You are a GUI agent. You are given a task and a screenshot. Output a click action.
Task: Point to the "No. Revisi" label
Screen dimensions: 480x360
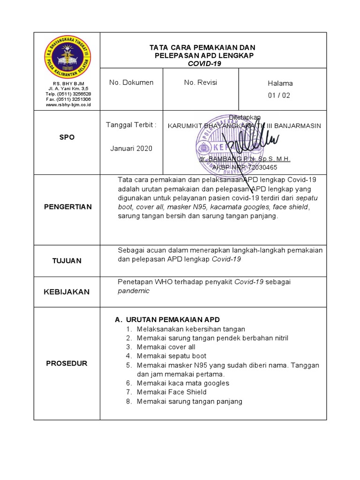pos(201,82)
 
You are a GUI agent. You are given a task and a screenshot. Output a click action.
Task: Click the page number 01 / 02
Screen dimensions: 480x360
pos(279,96)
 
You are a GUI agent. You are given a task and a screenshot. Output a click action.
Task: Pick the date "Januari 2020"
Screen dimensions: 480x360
pos(131,149)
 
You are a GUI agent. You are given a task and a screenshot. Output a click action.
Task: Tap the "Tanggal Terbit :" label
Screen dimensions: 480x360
pos(131,125)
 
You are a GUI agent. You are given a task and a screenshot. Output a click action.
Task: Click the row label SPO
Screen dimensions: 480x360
pos(67,137)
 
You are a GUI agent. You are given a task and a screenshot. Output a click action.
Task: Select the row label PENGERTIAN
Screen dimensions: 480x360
pos(68,207)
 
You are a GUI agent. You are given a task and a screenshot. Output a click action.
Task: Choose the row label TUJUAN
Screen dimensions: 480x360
pos(67,261)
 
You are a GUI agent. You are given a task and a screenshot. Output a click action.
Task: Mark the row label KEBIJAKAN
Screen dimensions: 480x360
pos(67,292)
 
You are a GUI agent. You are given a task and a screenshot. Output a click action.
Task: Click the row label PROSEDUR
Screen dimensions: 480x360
pos(67,363)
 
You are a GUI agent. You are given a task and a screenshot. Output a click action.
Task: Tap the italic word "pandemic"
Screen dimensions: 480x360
pos(134,291)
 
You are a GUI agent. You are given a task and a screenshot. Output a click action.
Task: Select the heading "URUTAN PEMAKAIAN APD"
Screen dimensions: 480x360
pos(172,320)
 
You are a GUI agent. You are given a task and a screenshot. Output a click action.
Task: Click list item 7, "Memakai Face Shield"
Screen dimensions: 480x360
pos(172,392)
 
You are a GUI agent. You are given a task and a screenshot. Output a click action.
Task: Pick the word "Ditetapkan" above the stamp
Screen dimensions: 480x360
pos(245,117)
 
